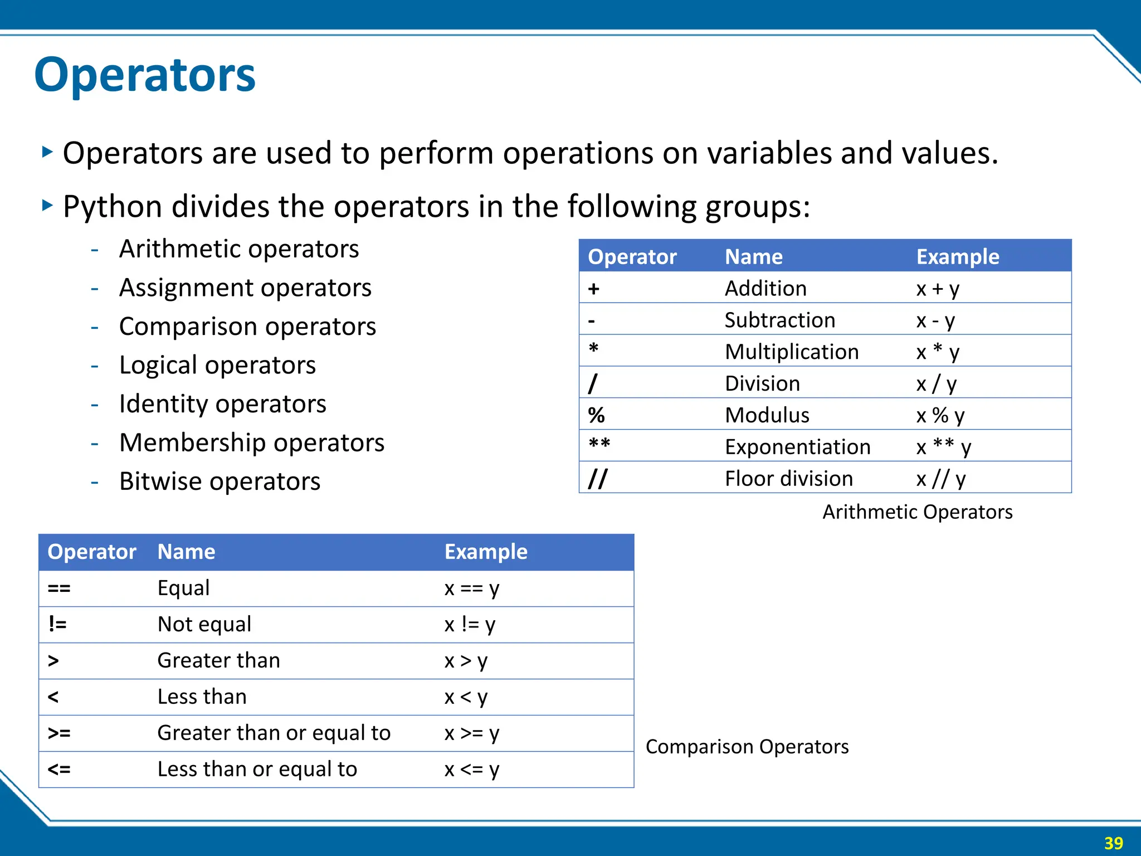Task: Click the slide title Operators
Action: (x=145, y=75)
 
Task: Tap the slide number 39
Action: (x=1113, y=843)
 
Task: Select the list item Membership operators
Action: (x=251, y=442)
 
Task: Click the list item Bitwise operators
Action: (x=220, y=481)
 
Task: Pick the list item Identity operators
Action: (x=222, y=404)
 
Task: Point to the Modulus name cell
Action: (x=767, y=415)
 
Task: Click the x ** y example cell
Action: (x=943, y=447)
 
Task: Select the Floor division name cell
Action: (x=788, y=479)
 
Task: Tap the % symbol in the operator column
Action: (x=596, y=415)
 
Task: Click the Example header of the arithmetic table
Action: (x=957, y=257)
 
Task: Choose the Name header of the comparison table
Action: (x=186, y=552)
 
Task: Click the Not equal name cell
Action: (x=204, y=624)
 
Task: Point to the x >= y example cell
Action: (x=471, y=733)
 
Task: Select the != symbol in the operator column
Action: (x=57, y=624)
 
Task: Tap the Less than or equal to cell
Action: (x=257, y=769)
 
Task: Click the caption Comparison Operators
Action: (x=747, y=747)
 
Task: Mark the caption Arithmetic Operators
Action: (x=917, y=512)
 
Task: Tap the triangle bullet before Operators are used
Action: (x=47, y=152)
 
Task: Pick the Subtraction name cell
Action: (x=779, y=320)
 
